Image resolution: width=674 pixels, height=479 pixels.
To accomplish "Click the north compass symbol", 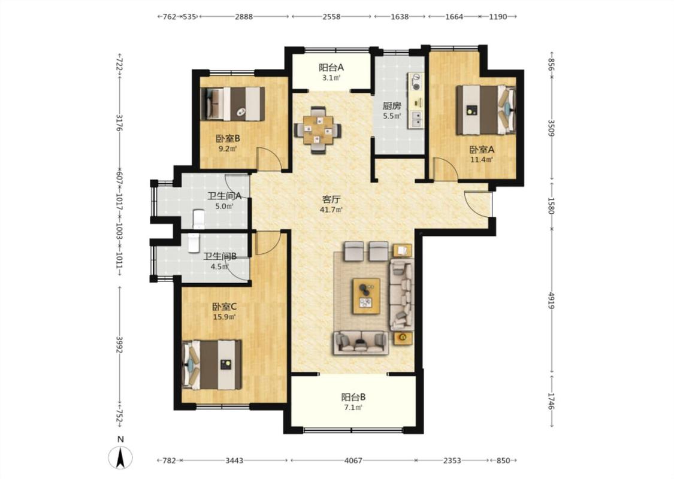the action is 121,457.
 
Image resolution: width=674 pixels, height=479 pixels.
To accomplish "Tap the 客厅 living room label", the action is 331,199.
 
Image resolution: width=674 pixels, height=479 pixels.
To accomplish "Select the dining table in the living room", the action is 318,130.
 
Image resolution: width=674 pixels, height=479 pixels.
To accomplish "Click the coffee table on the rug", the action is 366,296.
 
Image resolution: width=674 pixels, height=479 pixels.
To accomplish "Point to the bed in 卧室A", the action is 486,110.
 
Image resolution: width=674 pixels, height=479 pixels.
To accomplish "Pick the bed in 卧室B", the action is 232,104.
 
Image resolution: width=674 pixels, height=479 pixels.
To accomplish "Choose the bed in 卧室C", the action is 211,365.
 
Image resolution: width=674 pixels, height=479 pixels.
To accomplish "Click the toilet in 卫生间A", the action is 198,219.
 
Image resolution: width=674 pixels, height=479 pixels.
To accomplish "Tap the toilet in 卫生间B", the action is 194,243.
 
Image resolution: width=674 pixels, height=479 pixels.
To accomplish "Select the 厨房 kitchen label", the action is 392,106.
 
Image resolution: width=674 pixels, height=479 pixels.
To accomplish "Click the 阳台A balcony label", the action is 331,68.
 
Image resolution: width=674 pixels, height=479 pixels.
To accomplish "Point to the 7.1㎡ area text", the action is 353,408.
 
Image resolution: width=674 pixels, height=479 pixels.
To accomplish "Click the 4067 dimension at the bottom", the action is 353,460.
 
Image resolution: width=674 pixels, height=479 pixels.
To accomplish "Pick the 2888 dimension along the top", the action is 244,17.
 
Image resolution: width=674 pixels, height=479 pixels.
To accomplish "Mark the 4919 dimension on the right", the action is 552,300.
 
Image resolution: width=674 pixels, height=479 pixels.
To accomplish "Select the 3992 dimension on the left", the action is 119,344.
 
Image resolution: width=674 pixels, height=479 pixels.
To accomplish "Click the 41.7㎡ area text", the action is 331,210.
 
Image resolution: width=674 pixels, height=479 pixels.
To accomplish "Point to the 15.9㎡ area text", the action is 225,317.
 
